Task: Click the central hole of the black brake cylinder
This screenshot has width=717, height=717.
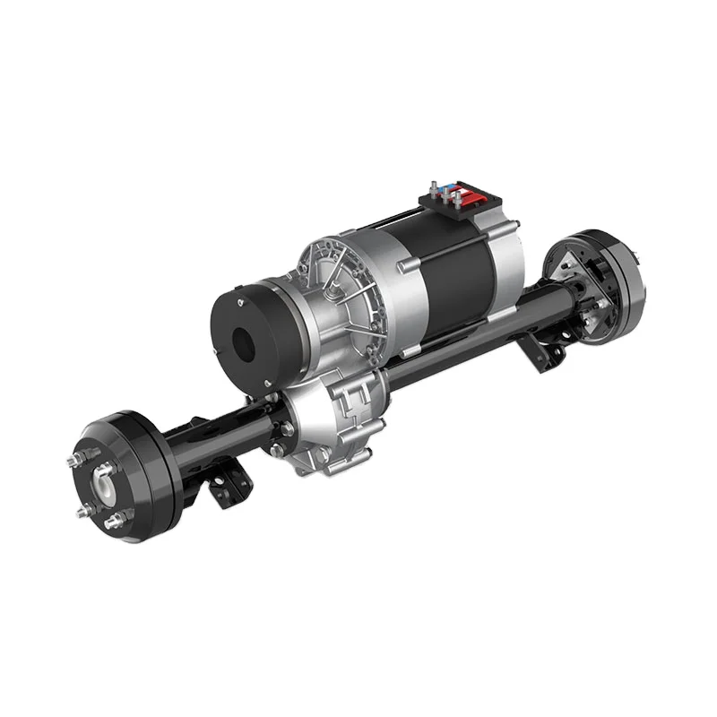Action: pos(244,341)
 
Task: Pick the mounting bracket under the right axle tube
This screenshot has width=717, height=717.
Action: pos(549,356)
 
